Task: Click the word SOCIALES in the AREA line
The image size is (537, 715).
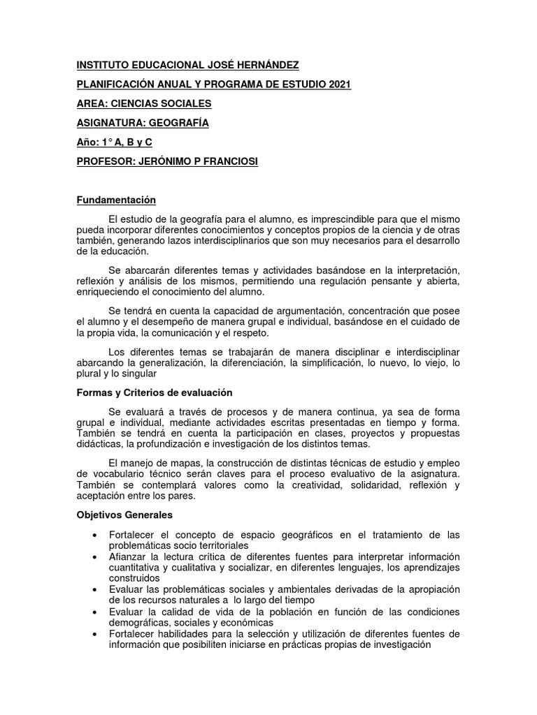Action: coord(185,104)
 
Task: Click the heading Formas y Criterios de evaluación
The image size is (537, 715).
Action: coord(154,393)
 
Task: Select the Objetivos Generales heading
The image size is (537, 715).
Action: coord(124,515)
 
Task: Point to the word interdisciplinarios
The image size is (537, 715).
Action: coord(258,241)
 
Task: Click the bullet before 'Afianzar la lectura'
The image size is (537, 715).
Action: coord(94,557)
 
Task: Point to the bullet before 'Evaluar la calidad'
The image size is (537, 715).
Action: coord(94,612)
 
